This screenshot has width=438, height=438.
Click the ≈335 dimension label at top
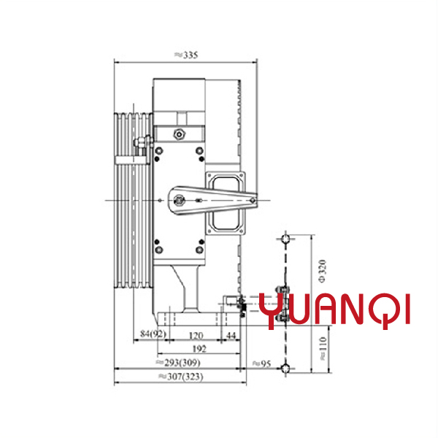(x=186, y=55)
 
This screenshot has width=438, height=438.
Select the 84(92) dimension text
(x=153, y=334)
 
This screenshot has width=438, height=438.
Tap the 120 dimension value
(x=196, y=336)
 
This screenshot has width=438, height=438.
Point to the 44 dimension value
(x=231, y=335)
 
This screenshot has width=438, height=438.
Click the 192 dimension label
(x=199, y=349)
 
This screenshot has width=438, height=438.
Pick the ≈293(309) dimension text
(x=178, y=363)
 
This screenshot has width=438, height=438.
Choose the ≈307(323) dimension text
(x=181, y=377)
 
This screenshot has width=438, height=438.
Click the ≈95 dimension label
(x=262, y=364)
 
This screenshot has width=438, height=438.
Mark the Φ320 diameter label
(x=322, y=271)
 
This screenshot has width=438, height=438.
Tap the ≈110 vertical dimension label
(x=323, y=348)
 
